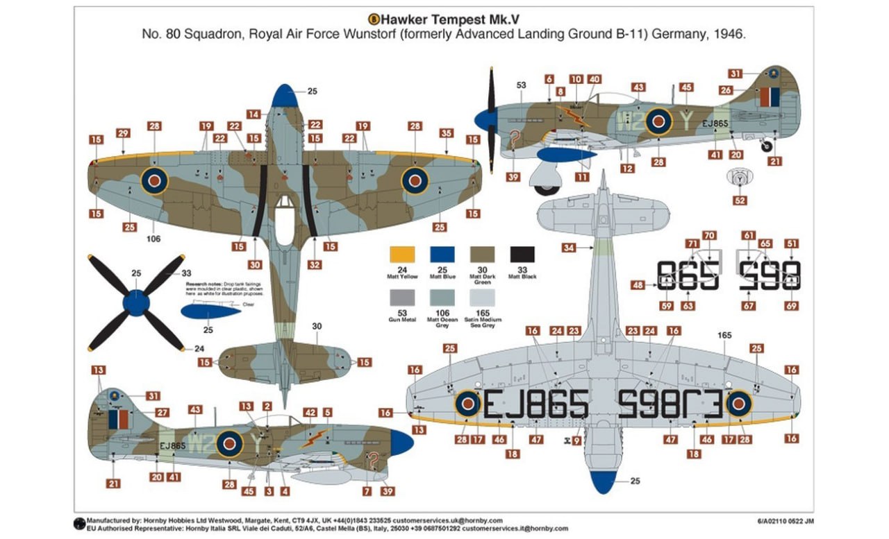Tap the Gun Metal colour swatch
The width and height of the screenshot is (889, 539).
point(404,298)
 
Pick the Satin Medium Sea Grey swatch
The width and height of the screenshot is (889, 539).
point(483,298)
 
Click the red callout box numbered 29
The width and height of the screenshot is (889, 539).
point(123,133)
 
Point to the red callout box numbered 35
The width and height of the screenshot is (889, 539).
point(447,133)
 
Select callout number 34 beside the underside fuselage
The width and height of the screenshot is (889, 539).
point(570,248)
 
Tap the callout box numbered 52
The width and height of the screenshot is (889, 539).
point(740,200)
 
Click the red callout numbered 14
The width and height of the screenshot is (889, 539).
point(254,114)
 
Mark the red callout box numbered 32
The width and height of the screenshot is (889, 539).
point(315,264)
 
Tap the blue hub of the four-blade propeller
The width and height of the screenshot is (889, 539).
point(136,302)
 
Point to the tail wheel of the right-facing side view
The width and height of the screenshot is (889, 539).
point(766,146)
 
